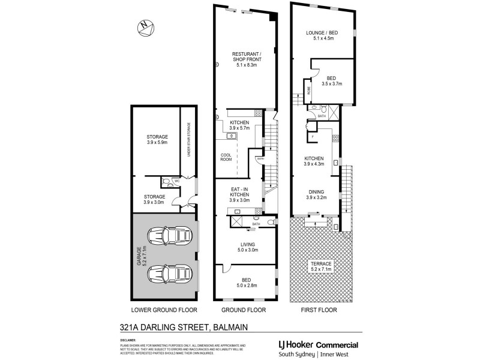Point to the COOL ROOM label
tap(227, 157)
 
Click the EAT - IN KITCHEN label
tap(240, 192)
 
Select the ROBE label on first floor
tap(309, 91)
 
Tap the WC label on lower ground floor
tap(176, 181)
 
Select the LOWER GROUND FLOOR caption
tap(163, 310)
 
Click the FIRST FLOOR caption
tap(319, 310)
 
